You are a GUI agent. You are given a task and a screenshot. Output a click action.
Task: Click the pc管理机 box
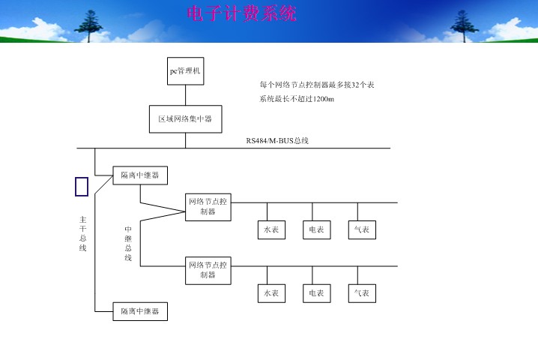[185, 72]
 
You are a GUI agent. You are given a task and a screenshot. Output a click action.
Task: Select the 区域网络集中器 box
[185, 118]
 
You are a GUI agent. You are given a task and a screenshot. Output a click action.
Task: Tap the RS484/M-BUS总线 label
[277, 141]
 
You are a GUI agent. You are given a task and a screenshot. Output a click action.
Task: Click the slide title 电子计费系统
[241, 13]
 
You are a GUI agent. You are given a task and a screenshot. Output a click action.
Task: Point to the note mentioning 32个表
[317, 85]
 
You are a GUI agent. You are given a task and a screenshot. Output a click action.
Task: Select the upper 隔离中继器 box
[140, 175]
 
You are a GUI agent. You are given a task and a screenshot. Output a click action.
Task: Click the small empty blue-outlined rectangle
[82, 187]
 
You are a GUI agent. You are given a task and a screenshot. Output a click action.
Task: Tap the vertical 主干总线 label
[82, 233]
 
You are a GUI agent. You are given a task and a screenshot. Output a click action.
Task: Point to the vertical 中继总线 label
[128, 244]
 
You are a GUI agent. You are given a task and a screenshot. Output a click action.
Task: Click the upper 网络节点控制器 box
[208, 207]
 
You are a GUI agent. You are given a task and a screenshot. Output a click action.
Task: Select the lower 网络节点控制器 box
[208, 270]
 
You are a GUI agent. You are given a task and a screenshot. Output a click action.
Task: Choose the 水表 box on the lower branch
[270, 293]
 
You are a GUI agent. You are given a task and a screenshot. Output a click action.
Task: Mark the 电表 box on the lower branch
[315, 293]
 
